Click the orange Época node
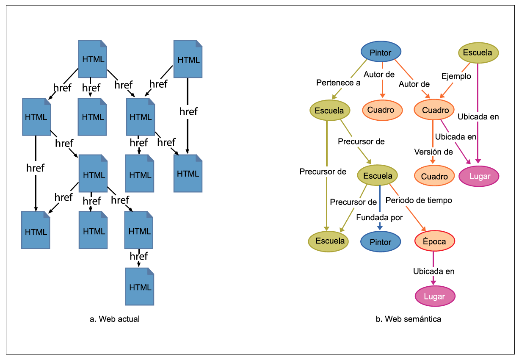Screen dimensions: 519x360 (x=435, y=241)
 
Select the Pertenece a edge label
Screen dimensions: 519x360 (x=338, y=83)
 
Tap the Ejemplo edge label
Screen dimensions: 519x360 (x=456, y=76)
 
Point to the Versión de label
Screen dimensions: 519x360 (x=433, y=152)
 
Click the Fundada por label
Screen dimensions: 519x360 (x=379, y=217)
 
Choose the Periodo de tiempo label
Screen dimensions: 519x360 (x=419, y=200)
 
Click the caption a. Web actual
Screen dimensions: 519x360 (x=115, y=319)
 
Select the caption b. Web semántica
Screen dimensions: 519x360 (x=408, y=319)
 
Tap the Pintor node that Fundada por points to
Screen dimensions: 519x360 (x=381, y=242)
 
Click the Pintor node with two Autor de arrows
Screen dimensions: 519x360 (x=381, y=52)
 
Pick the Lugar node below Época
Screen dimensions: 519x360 (x=435, y=296)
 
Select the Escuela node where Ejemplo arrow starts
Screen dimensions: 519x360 (x=478, y=53)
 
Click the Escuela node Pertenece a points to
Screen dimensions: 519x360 (x=330, y=111)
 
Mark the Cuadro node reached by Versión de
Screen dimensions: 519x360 (x=434, y=176)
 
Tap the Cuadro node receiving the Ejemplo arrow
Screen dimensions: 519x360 (x=434, y=110)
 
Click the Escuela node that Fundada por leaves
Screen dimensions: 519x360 (x=378, y=175)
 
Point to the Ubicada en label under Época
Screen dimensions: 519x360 (x=434, y=271)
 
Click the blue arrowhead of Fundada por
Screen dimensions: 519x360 (x=380, y=227)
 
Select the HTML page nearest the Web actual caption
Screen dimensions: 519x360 (x=140, y=287)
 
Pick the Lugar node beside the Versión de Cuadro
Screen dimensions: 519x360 (x=479, y=176)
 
